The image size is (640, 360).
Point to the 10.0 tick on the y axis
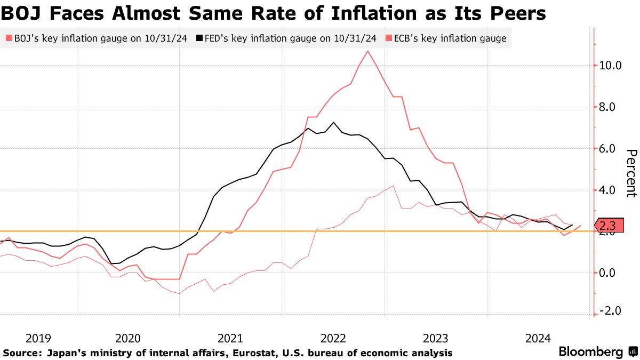click(x=610, y=66)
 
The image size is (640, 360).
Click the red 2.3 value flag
click(x=608, y=225)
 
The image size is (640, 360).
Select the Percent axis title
click(x=631, y=173)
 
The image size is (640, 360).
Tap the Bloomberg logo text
click(x=590, y=351)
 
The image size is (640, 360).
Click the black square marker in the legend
click(x=199, y=38)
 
